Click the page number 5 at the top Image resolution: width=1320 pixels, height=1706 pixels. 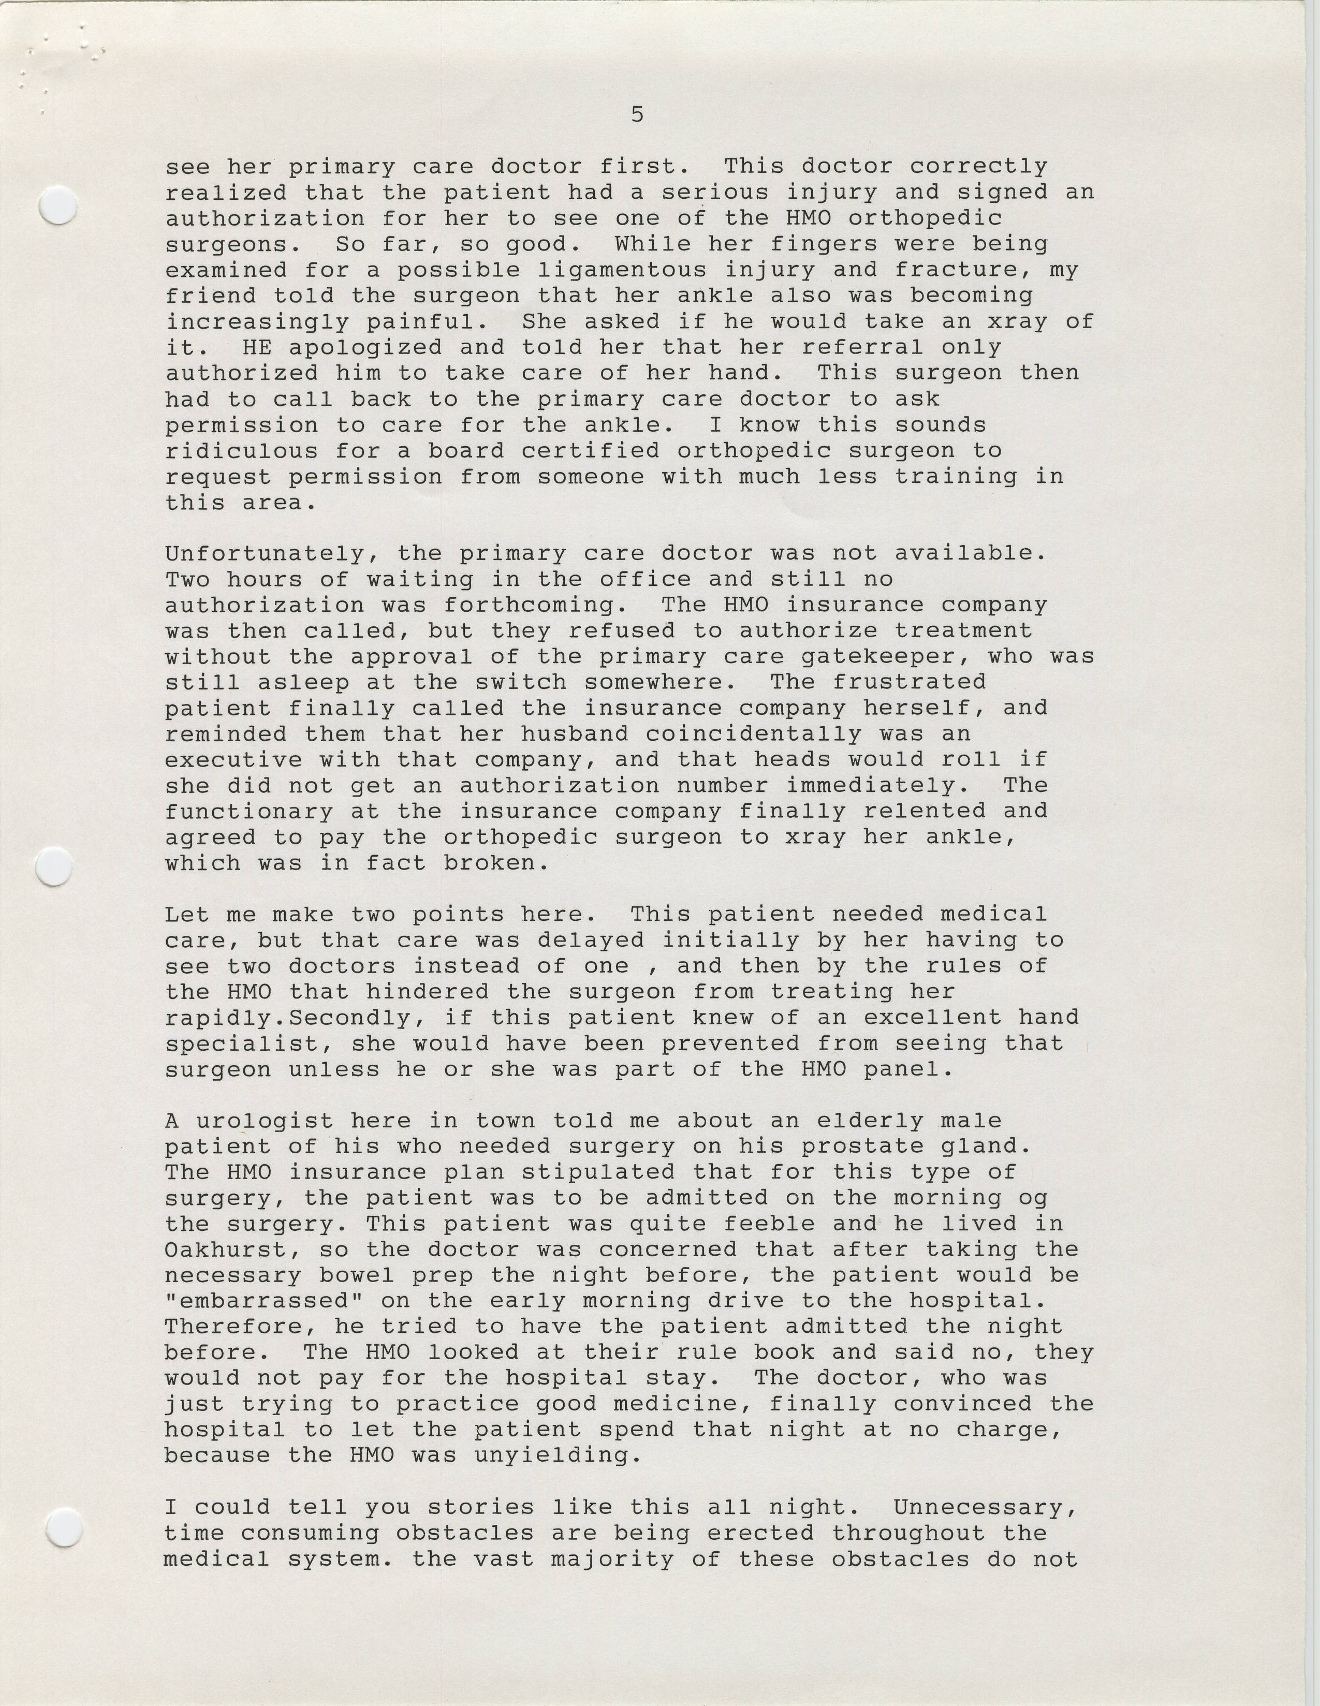pos(637,115)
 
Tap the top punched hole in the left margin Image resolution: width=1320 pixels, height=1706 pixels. pos(58,206)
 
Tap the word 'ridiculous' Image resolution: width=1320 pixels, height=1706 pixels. pos(241,451)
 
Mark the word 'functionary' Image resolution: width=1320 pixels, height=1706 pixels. pos(248,812)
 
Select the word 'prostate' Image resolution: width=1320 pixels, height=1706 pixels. pos(847,1146)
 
